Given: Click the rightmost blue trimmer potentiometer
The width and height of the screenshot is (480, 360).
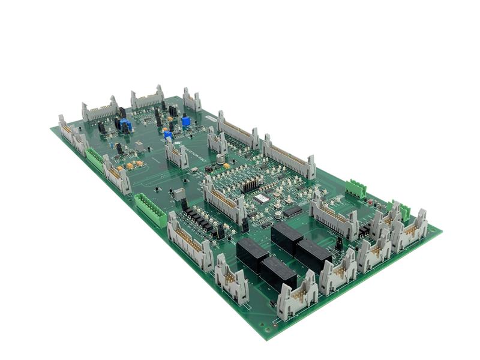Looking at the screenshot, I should coord(186,121).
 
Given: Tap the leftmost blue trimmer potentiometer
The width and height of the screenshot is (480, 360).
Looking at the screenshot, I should coord(125,125).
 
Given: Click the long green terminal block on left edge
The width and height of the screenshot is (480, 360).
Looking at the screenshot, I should coord(151,209).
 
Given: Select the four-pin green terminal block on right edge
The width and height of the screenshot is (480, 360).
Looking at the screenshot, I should coord(355,188).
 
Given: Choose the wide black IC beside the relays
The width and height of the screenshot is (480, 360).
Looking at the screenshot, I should coord(292,211).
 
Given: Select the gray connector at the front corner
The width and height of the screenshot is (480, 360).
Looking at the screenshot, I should coord(296,296).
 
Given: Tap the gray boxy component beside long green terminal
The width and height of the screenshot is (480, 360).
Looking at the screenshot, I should coord(179,194).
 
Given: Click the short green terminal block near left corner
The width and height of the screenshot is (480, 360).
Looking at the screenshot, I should coord(94,158).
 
